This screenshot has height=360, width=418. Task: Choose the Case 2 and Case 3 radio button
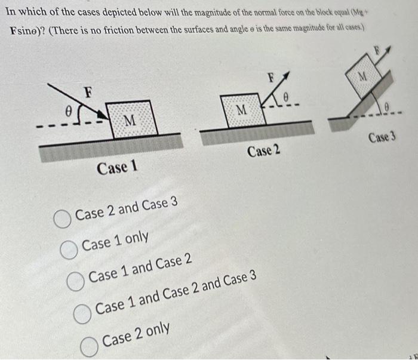[62, 219]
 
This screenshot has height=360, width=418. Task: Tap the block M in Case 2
[241, 110]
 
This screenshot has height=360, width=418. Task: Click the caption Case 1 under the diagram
[118, 168]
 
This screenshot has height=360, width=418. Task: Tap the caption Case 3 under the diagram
[382, 138]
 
